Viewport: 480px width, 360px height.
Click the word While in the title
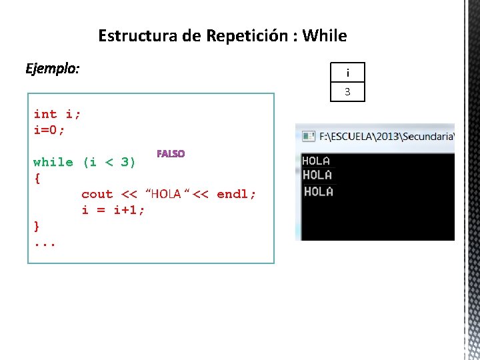pos(325,35)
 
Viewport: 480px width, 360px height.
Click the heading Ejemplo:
pos(52,69)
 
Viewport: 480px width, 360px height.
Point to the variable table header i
pos(347,73)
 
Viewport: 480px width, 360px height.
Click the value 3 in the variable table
pos(347,92)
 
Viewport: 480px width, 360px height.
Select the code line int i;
pos(57,114)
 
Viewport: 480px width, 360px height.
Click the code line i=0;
pos(49,130)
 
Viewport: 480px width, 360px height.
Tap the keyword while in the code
pos(53,162)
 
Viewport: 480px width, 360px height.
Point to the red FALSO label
pos(171,153)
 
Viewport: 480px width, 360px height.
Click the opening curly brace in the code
pos(37,179)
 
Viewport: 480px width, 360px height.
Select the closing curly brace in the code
pos(37,226)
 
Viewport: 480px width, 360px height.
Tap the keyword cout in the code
pos(97,194)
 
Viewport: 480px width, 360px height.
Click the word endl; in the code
pos(237,194)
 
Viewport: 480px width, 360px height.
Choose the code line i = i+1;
pos(113,210)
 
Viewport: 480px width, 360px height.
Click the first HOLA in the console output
pos(316,161)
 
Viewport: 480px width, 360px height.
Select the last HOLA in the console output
pos(318,191)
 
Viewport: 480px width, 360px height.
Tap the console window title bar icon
pos(309,136)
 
